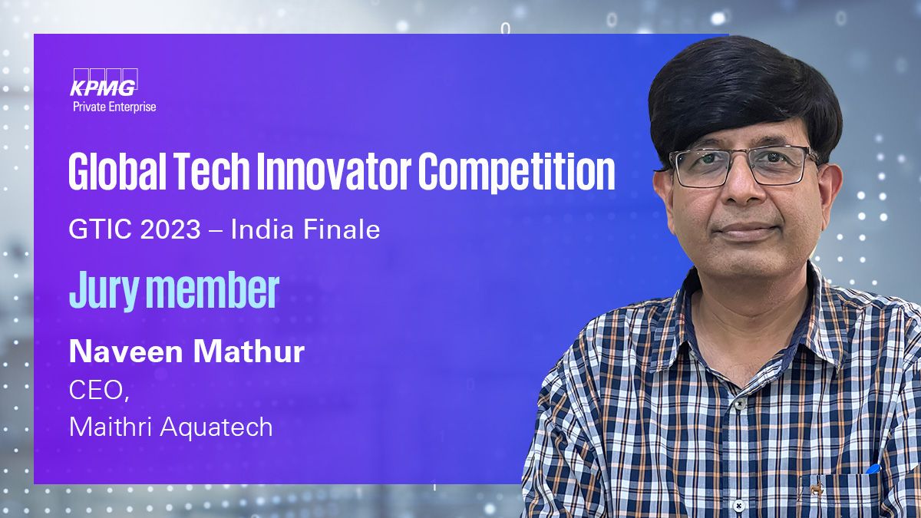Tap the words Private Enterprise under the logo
coord(114,107)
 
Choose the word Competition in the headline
coord(517,172)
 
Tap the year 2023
coord(170,229)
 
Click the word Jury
coord(105,290)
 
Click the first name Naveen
coord(125,352)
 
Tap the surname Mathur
coord(249,352)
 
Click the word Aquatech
coord(216,427)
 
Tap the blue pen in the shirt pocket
coord(873,469)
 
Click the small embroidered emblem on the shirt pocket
coord(816,488)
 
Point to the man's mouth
coord(745,231)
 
